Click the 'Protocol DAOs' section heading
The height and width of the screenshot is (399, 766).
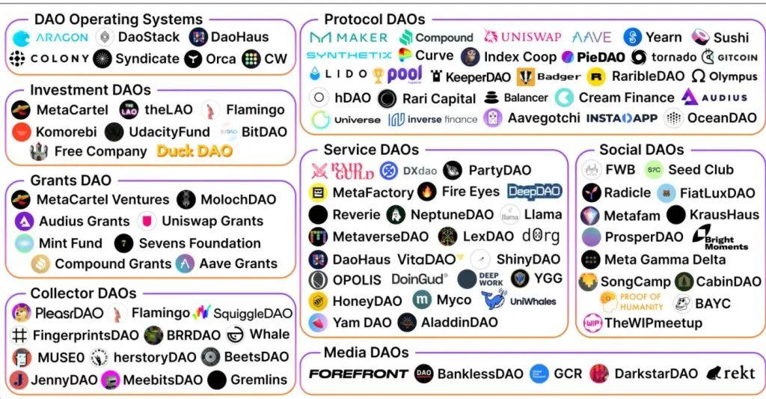[374, 19]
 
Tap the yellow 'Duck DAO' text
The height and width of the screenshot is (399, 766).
[194, 151]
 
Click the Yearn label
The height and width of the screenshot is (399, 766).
[664, 37]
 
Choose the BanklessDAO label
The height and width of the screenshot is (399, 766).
[480, 373]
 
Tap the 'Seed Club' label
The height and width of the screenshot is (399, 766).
[700, 170]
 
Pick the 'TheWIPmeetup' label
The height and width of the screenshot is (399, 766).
[652, 323]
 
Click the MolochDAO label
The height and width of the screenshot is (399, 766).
[239, 200]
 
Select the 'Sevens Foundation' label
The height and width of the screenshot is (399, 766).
[199, 243]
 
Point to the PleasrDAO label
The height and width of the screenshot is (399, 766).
[67, 313]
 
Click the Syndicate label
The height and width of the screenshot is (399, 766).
[147, 58]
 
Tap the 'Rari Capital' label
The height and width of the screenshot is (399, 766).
[438, 98]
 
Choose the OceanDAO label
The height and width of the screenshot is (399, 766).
[722, 118]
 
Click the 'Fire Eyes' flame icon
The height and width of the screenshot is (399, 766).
[426, 192]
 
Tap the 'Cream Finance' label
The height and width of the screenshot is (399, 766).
[625, 97]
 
